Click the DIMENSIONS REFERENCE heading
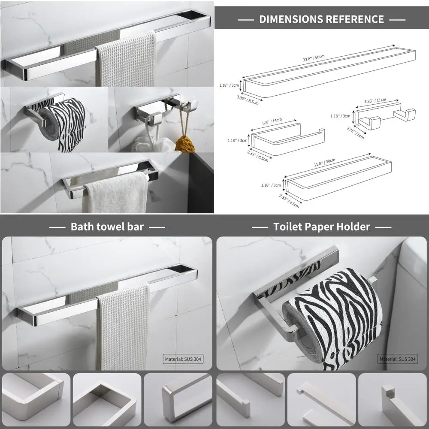coord(321,19)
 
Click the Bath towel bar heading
coord(107,227)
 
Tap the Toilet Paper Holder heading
coord(322,227)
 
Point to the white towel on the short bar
coord(116,193)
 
